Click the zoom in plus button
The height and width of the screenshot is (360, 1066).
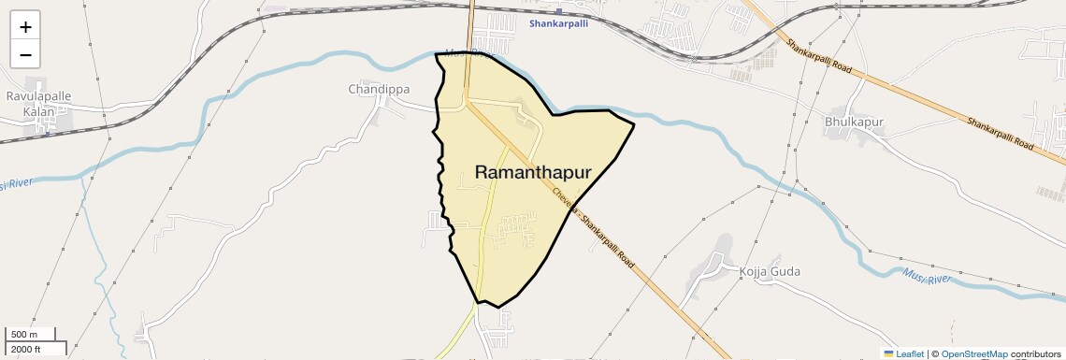point(25,27)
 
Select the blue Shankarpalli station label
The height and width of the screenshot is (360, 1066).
point(558,23)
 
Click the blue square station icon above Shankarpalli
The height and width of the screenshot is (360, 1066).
point(557,12)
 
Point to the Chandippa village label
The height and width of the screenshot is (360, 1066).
point(379,90)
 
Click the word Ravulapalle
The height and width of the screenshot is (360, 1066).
point(38,96)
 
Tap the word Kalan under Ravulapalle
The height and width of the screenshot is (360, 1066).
point(38,111)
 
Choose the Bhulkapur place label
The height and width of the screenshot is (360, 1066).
point(855,122)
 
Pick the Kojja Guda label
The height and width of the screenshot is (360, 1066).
point(770,271)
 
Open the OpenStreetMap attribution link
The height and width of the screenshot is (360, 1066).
point(973,354)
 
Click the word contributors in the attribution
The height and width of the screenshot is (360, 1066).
point(1036,354)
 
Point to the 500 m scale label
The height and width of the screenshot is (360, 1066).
point(24,335)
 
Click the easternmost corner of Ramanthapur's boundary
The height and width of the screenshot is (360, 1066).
point(635,123)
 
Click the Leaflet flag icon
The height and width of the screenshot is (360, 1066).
point(888,354)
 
